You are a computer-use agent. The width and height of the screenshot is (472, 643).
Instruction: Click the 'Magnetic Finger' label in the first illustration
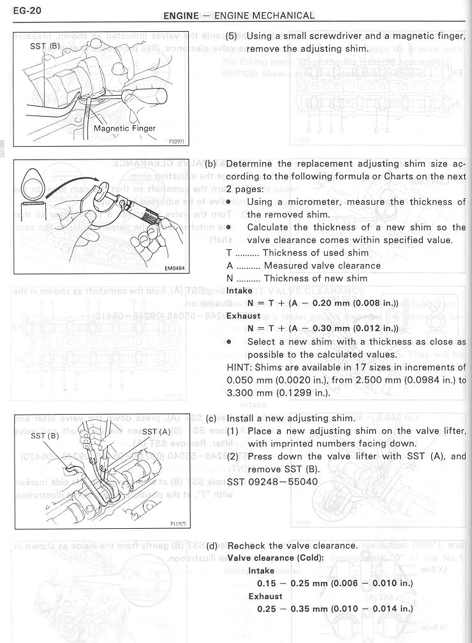(x=124, y=128)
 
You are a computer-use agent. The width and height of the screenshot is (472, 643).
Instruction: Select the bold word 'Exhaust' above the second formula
(x=244, y=316)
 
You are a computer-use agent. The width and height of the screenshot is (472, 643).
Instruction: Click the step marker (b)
(x=211, y=164)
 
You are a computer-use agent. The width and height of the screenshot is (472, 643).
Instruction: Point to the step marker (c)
(x=212, y=418)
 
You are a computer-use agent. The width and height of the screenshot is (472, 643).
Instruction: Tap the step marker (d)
(x=212, y=545)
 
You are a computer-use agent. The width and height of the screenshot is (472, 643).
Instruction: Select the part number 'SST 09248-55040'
(x=272, y=482)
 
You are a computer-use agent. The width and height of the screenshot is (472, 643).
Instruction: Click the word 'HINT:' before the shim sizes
(x=240, y=367)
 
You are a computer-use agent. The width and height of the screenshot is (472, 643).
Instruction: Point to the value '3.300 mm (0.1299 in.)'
(x=272, y=392)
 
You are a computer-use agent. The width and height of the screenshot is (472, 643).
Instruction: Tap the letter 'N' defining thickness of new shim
(x=230, y=278)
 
